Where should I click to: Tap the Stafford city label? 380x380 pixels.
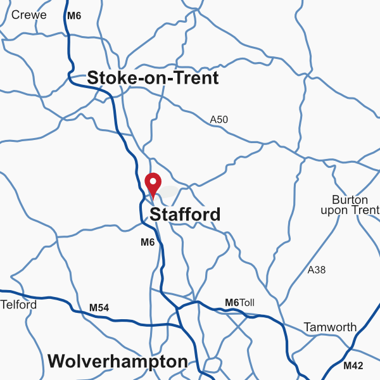point(185,215)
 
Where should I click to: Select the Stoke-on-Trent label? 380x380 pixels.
point(153,79)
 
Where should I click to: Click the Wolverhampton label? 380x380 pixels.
point(117,362)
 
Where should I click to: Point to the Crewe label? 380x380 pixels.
point(29,15)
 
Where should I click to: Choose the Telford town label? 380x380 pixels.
point(19,305)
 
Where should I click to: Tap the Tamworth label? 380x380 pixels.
point(330,327)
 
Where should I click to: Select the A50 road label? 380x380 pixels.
point(218,119)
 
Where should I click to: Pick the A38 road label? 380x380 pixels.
point(316,270)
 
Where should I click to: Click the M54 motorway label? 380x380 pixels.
point(99,308)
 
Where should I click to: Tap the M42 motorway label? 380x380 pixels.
point(353,365)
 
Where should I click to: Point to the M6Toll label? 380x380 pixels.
point(239,303)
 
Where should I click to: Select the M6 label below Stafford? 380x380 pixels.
point(148,242)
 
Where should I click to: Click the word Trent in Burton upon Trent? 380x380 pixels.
point(366,210)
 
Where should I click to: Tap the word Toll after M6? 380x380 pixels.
point(246,303)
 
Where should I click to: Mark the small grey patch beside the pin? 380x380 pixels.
point(168,191)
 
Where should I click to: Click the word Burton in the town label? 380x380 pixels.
point(346,199)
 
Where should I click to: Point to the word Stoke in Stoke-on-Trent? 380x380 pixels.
point(108,79)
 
